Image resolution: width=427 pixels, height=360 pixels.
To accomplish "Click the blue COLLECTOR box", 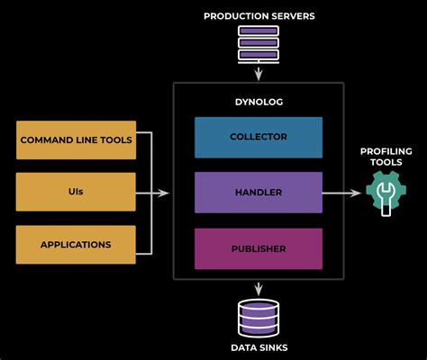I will [259, 137].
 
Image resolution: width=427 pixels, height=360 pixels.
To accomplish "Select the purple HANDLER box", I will [259, 193].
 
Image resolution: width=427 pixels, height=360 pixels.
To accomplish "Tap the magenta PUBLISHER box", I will [259, 248].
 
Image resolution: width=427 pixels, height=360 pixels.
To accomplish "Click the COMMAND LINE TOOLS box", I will [77, 140].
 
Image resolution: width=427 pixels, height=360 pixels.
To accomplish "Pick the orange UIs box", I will [77, 192].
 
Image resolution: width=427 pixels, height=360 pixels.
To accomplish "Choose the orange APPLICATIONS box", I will [77, 244].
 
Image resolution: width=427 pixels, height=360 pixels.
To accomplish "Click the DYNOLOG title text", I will [259, 102].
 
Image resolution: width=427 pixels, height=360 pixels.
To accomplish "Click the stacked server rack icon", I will [258, 43].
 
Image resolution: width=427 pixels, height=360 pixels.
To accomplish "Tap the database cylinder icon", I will [259, 317].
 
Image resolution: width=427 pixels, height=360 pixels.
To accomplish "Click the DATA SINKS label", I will [259, 347].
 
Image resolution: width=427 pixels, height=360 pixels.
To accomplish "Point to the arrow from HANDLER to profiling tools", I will [342, 193].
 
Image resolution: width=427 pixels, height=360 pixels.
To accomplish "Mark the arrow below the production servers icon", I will [259, 72].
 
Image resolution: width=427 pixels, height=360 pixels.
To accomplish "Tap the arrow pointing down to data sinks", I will [259, 288].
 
